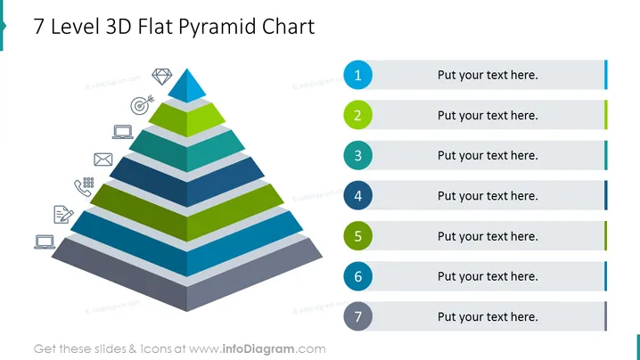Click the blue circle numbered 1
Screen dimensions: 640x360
pos(357,75)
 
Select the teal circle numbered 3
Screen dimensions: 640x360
pos(357,156)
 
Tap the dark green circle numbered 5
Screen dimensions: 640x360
pos(357,236)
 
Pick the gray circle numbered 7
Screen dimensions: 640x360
pos(357,316)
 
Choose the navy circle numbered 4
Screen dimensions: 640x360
pos(357,195)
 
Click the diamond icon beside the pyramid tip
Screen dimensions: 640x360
pos(162,77)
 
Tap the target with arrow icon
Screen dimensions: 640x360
pos(141,105)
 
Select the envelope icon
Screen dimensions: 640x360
pos(103,160)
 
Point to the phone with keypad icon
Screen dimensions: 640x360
pos(84,186)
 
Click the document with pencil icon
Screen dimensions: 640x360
pos(63,214)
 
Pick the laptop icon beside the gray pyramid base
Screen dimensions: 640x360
pos(45,242)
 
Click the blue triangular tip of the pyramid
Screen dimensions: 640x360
pos(187,86)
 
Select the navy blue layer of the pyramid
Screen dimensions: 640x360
pos(187,182)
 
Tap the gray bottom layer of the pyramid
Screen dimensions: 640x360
pos(187,274)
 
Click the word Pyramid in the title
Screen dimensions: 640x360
pos(217,28)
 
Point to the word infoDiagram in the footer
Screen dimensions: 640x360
pos(258,349)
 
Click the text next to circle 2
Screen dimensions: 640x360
pos(488,116)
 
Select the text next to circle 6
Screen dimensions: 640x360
pos(488,276)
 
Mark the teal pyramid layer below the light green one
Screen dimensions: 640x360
pos(187,151)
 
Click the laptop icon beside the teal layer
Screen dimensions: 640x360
pos(123,132)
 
